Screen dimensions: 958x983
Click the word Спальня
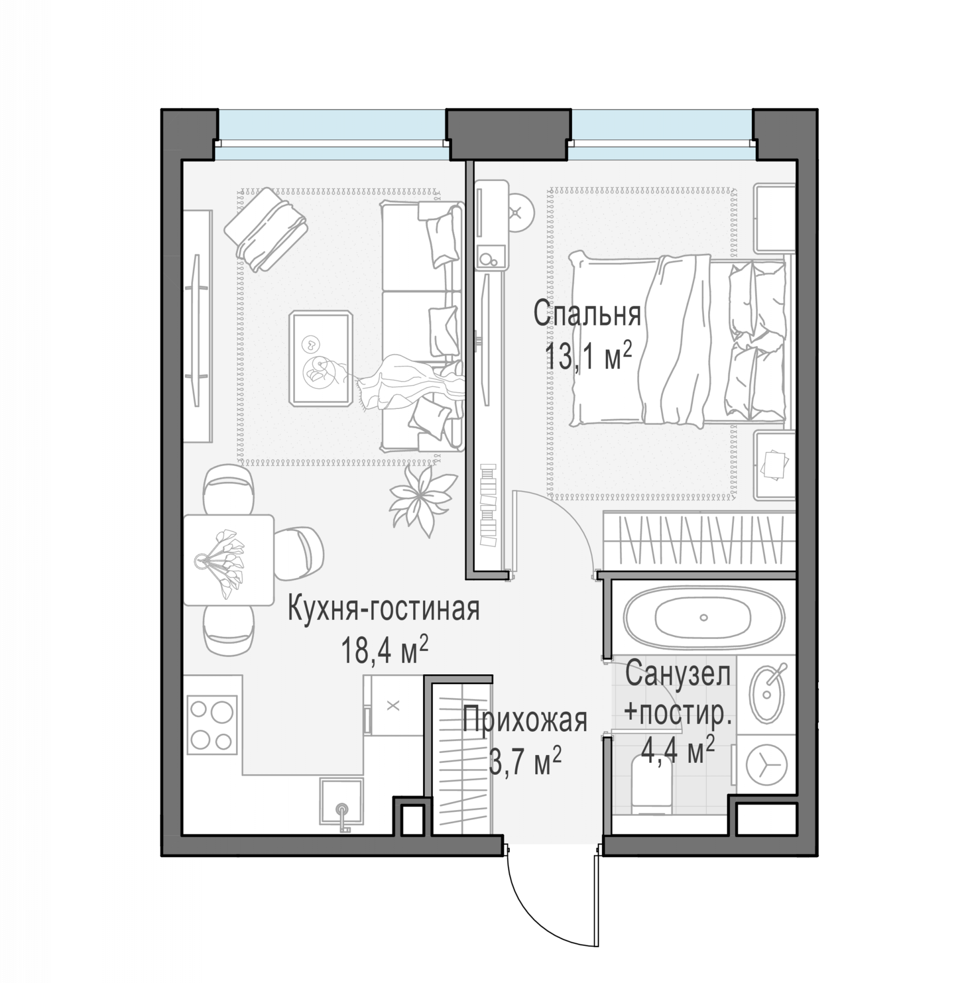(587, 315)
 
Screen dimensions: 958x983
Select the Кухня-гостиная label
(383, 610)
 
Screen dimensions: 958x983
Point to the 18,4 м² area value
(384, 649)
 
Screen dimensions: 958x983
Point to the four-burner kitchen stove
(212, 725)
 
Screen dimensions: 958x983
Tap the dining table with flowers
(229, 560)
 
